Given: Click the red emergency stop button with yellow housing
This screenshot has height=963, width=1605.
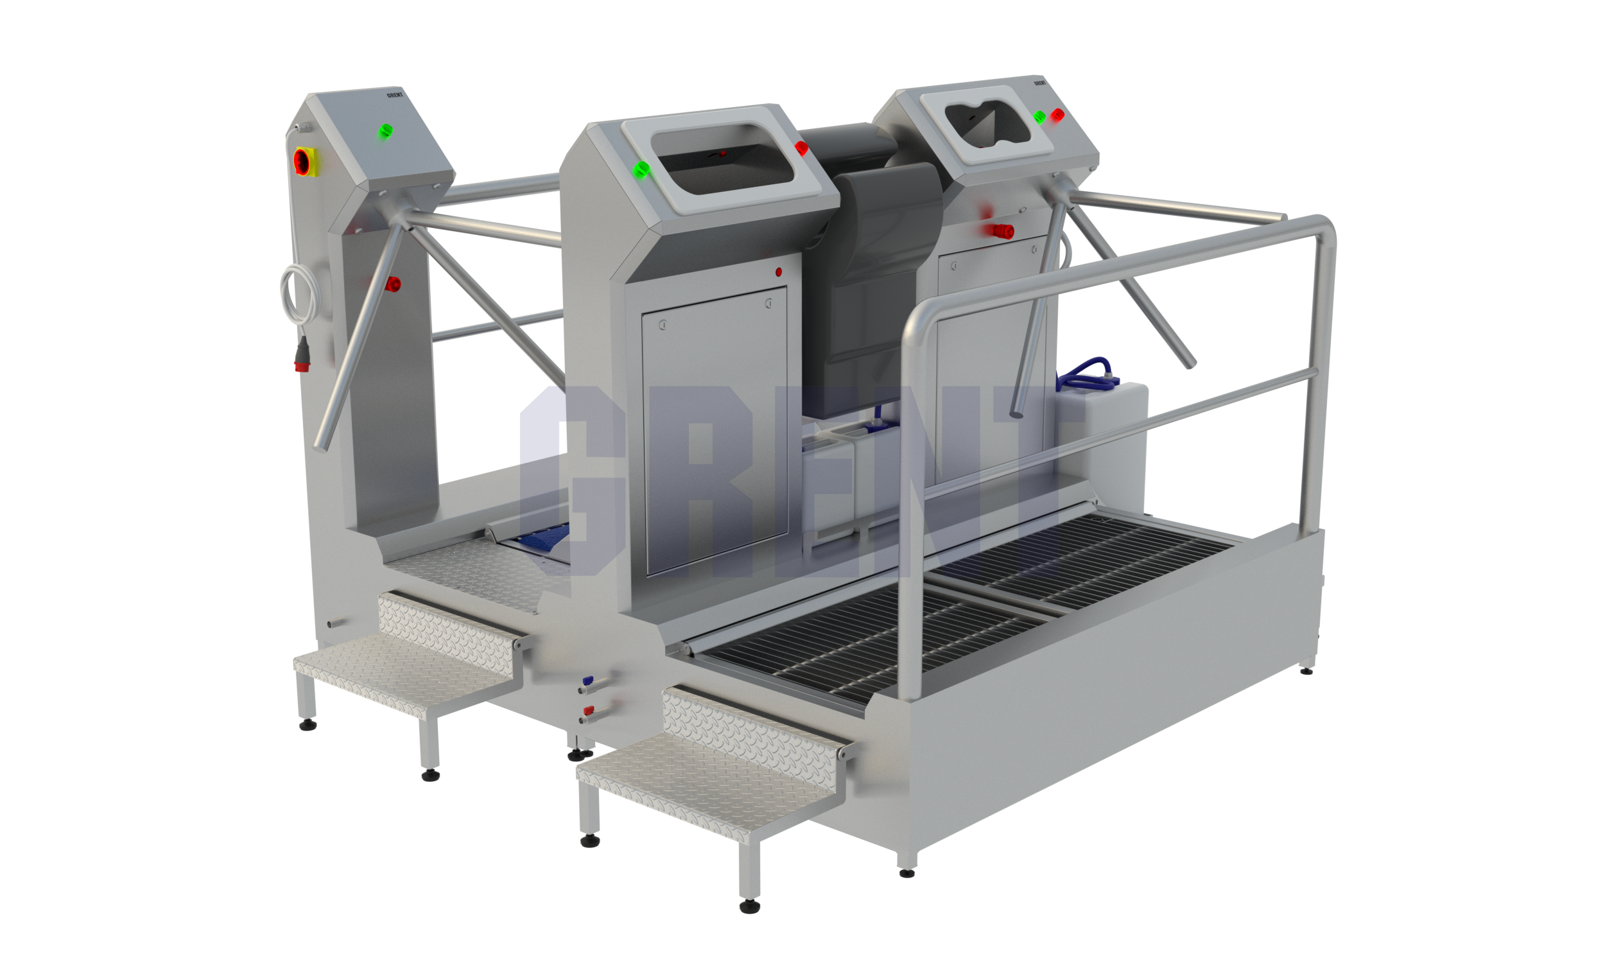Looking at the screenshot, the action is [x=304, y=161].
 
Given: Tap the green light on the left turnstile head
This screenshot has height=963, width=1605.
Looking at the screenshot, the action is [x=385, y=131].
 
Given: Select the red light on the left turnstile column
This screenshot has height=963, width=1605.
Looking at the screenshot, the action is [x=392, y=284].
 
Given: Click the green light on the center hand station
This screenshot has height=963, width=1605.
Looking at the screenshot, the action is [x=641, y=169].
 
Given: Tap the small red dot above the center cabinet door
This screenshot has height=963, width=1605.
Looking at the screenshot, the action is [x=779, y=272].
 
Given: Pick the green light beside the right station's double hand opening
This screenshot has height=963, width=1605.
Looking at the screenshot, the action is [x=1039, y=117].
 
